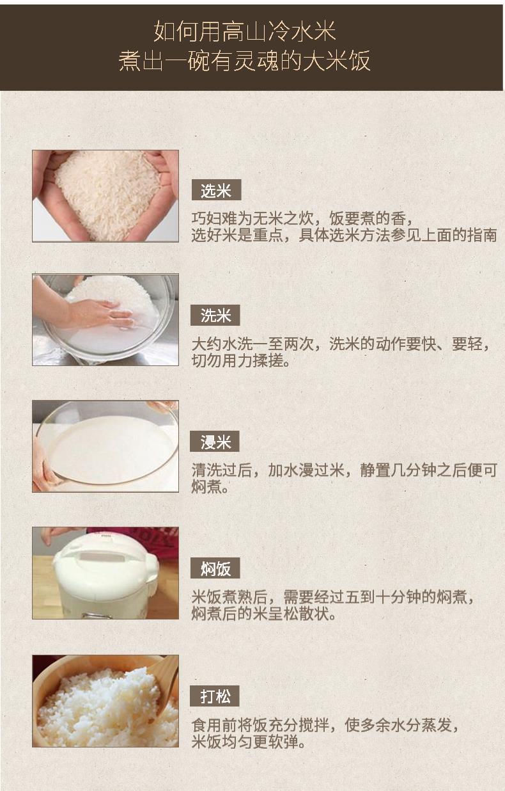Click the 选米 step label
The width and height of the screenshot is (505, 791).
tap(216, 190)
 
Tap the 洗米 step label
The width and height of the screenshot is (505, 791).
tap(215, 315)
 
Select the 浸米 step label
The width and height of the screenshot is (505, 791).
tap(214, 441)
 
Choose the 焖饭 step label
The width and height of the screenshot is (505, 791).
tap(215, 568)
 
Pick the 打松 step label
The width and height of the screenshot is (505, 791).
tap(214, 696)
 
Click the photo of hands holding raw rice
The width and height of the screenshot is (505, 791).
tap(105, 196)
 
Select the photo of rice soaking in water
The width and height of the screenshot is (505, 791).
tap(105, 446)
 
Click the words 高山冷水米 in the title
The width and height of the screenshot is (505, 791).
tap(279, 31)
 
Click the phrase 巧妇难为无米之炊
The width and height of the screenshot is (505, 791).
tap(252, 219)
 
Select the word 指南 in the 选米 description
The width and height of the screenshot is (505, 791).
tap(482, 235)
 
